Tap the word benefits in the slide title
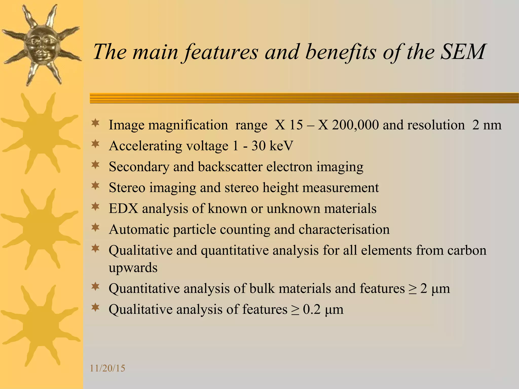[x=341, y=52]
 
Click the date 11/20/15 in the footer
[x=107, y=368]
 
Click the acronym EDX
[x=123, y=209]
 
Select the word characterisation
[x=344, y=229]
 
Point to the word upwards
[x=133, y=268]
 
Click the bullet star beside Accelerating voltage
[x=95, y=144]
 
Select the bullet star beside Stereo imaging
[x=95, y=186]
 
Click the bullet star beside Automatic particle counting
[x=95, y=228]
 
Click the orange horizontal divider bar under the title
[x=304, y=98]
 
